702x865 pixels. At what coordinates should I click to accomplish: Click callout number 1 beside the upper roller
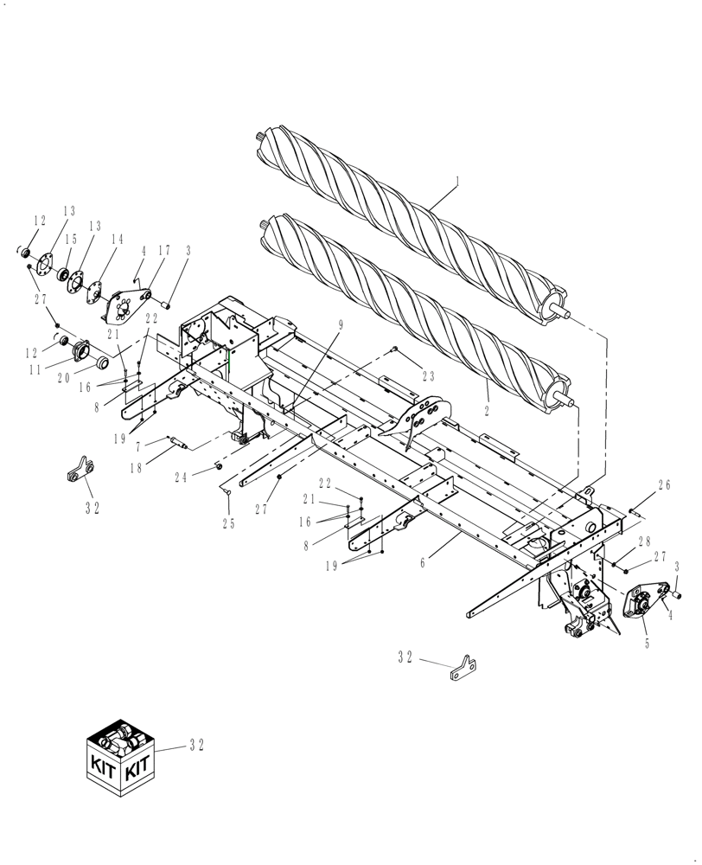click(x=457, y=182)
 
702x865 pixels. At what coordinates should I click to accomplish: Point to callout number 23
click(x=428, y=376)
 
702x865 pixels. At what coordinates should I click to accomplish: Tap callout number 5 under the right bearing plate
click(x=647, y=644)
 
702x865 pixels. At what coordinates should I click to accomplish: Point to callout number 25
click(x=228, y=523)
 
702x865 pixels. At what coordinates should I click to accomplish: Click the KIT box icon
click(x=119, y=752)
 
